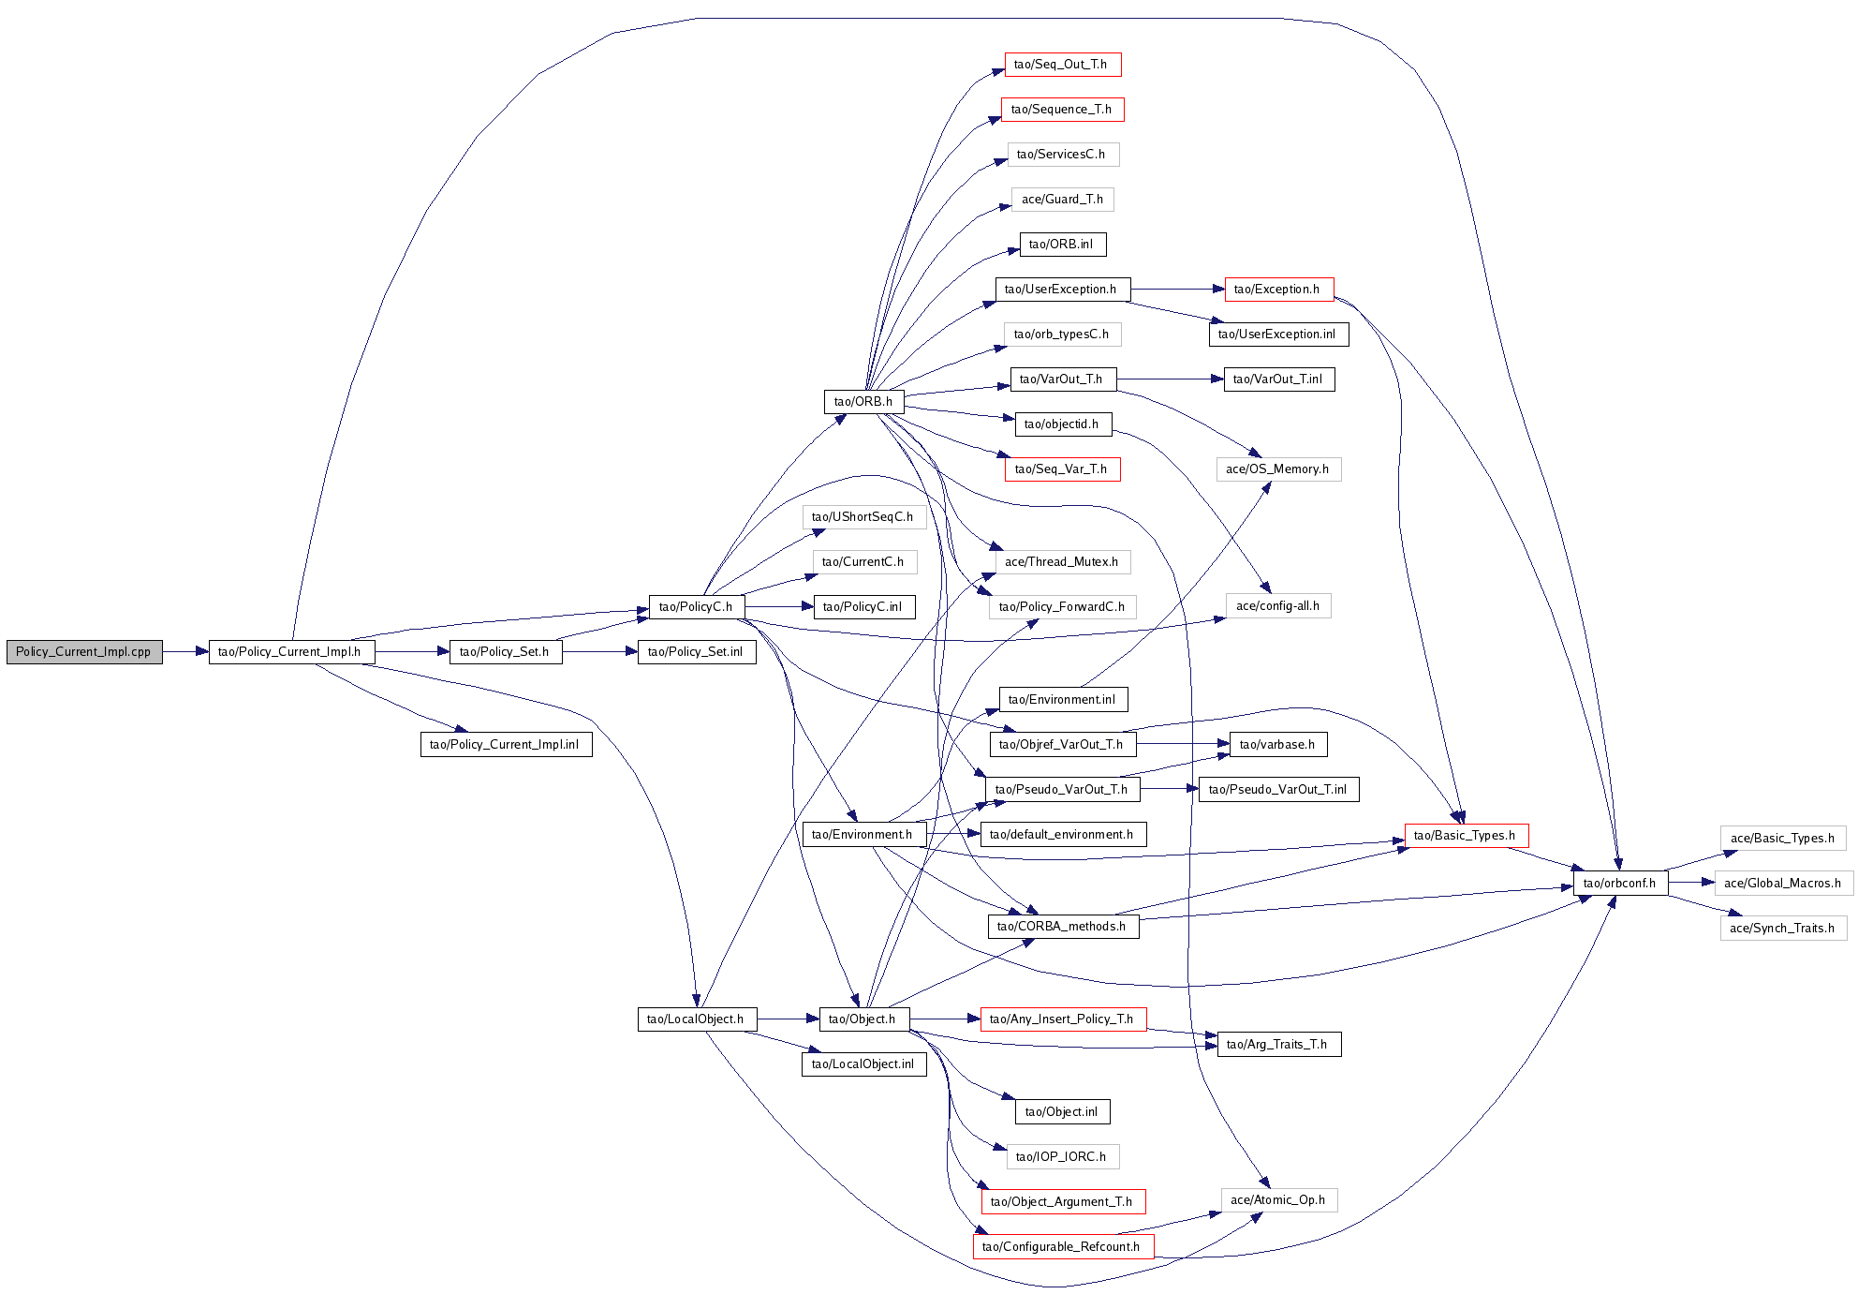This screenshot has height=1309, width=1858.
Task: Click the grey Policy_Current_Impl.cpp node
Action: [84, 652]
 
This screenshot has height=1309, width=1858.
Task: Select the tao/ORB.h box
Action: [863, 402]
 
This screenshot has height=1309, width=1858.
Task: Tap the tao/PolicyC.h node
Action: [696, 607]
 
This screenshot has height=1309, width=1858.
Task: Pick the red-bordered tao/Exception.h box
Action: [1277, 290]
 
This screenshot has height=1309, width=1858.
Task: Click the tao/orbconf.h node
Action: [1619, 884]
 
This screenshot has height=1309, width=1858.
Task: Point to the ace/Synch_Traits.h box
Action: [1782, 929]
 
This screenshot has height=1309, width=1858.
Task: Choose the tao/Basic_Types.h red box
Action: [1465, 836]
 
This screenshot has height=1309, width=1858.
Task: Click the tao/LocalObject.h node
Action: [695, 1019]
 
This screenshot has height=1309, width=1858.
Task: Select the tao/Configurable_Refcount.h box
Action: [1062, 1247]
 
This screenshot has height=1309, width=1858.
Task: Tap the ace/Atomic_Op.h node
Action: [1278, 1200]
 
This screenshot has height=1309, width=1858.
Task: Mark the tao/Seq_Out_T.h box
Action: [1061, 65]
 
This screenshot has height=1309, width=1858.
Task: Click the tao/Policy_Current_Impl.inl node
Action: [505, 745]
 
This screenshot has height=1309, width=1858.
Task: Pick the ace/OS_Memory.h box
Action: [1277, 469]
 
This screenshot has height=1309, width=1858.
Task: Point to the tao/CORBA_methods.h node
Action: [1062, 927]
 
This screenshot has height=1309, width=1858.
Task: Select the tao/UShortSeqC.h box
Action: [863, 517]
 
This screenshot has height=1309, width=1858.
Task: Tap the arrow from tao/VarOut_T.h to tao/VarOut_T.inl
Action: [1170, 379]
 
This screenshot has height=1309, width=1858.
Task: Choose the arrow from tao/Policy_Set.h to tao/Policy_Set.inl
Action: [599, 652]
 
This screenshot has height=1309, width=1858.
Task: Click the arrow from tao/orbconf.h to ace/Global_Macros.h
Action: [1691, 884]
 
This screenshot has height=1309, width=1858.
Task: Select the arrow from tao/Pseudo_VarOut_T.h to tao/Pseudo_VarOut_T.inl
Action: [1168, 790]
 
